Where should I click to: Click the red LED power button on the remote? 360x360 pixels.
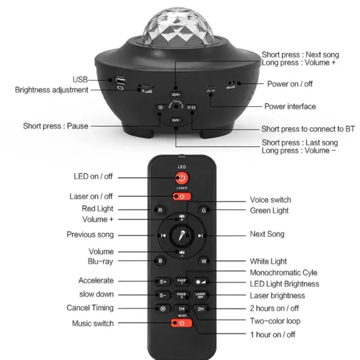182,178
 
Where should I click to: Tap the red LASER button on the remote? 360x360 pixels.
182,196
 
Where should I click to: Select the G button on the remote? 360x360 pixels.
204,210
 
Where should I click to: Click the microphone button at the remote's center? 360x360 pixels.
182,235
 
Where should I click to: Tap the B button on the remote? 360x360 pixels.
160,261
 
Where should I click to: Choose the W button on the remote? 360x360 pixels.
204,261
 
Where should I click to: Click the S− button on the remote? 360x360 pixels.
163,296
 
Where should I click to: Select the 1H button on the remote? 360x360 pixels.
182,309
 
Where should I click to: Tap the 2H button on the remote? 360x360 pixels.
201,309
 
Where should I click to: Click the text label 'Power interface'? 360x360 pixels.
290,106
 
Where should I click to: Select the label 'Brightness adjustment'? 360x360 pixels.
51,90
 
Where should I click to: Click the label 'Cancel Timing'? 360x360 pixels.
90,308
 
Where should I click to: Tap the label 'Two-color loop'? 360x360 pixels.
275,321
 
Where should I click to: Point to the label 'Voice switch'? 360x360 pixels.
270,200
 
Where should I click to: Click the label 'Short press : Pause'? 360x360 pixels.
56,126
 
